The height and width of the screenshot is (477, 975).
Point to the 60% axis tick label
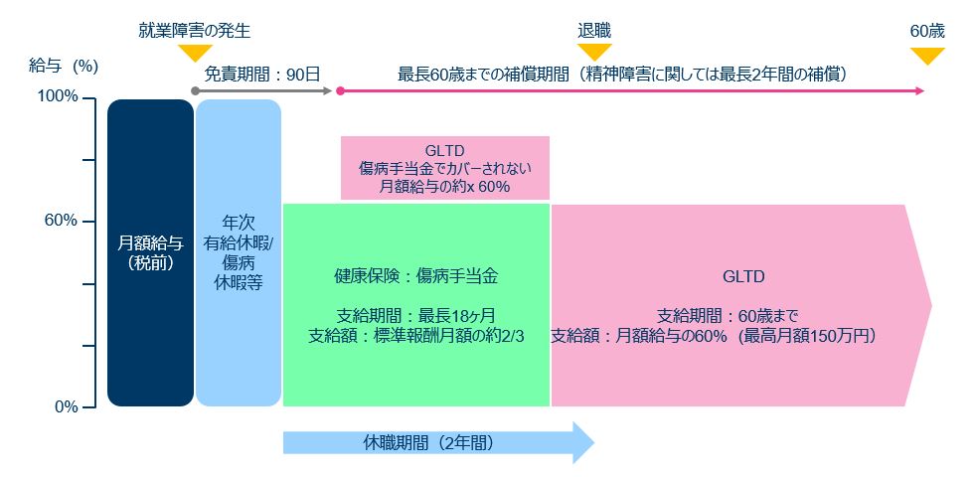coord(61,221)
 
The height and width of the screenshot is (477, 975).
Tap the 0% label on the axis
coord(66,406)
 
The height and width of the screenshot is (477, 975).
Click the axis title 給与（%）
coord(64,67)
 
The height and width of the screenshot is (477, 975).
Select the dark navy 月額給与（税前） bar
coord(150,252)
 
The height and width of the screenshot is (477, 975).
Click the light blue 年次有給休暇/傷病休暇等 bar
coord(239,252)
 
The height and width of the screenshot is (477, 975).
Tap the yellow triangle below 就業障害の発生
coord(194,53)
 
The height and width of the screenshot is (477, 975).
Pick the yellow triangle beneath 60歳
coord(927,57)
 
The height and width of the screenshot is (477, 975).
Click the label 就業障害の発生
coord(194,31)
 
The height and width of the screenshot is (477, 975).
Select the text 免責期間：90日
coord(262,76)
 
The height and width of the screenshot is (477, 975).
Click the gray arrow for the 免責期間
coord(263,90)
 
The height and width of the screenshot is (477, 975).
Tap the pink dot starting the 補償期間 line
coord(340,90)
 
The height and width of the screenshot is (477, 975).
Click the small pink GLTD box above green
coord(444,168)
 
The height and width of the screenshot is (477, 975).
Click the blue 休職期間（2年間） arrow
coord(438,443)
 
